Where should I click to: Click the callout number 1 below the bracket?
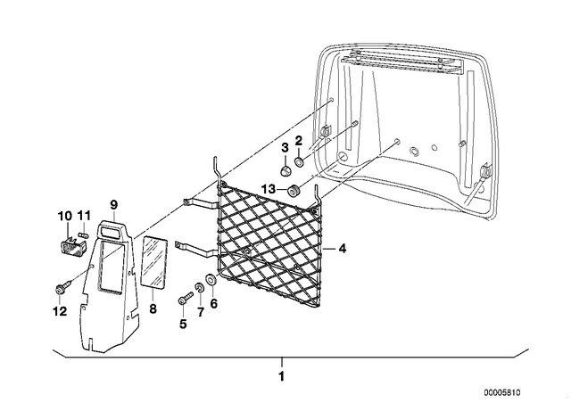point(281,376)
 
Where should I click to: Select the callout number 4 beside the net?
point(342,249)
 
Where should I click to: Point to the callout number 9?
point(113,205)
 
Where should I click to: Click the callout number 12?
point(61,311)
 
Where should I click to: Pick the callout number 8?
point(153,309)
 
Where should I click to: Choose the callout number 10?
point(65,216)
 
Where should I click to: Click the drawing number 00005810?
point(502,392)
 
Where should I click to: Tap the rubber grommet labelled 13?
point(294,191)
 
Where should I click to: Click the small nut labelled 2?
point(300,161)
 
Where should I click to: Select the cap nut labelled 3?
point(285,170)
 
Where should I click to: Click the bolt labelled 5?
point(186,298)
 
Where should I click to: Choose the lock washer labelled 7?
point(199,288)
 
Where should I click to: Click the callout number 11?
point(84,216)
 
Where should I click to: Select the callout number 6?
point(214,302)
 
